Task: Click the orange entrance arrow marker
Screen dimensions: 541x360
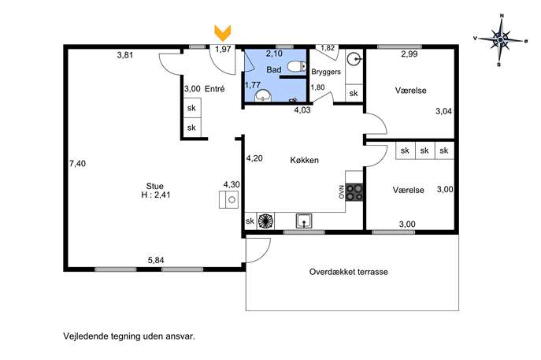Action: [x=223, y=33]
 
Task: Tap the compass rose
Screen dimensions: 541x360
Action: [x=500, y=40]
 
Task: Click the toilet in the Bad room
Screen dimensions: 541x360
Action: [x=296, y=66]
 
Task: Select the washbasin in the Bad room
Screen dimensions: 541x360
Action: [x=263, y=95]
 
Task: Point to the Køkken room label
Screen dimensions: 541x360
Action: [x=304, y=160]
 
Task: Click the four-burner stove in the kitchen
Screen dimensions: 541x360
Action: [x=354, y=192]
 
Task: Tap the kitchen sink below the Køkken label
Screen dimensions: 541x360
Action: [x=304, y=221]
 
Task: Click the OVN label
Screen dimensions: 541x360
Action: [x=342, y=192]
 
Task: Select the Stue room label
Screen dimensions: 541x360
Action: [x=155, y=186]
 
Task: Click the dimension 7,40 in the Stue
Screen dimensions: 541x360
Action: [x=77, y=163]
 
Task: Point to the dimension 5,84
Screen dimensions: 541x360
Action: [x=156, y=260]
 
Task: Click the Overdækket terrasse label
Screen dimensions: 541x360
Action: [x=349, y=272]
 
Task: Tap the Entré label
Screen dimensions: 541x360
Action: [x=215, y=89]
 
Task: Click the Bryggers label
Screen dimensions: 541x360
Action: [x=326, y=72]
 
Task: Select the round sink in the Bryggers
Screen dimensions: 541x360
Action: [x=354, y=59]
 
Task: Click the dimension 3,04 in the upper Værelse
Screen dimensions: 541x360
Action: [x=443, y=111]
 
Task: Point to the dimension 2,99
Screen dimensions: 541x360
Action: [x=409, y=54]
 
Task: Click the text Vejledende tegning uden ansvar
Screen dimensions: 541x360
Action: [x=129, y=336]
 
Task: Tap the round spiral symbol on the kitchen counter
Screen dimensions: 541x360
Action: [x=265, y=221]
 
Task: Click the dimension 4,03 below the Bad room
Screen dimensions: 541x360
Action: [x=302, y=110]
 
